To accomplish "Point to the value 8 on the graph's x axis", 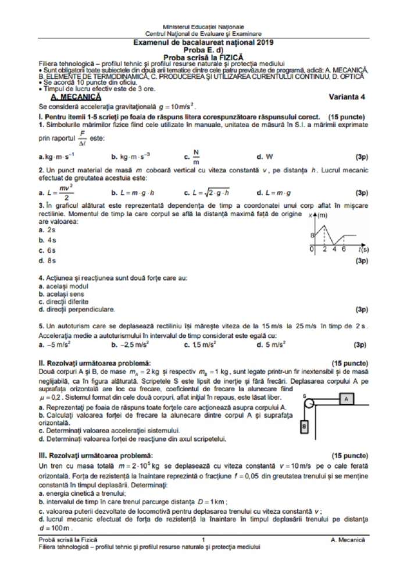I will coord(312,235).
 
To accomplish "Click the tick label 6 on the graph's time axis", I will coord(344,249).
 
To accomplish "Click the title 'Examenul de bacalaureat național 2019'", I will coord(203,42).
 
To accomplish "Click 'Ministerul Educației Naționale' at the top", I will coord(203,27).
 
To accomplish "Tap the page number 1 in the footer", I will coord(204,540).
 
